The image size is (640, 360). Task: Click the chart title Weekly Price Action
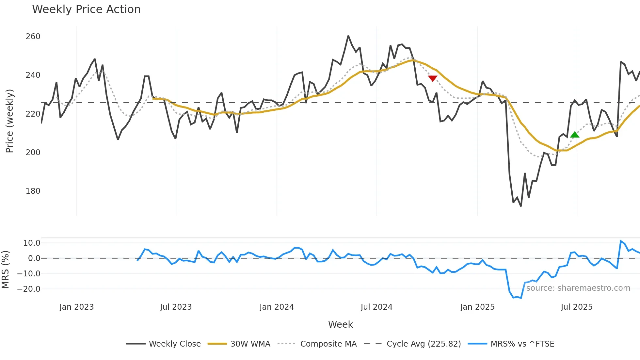86,9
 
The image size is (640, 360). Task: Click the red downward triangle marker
433,78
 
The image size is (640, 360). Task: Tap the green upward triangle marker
575,135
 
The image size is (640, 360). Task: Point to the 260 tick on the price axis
33,37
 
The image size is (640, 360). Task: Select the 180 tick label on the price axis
33,191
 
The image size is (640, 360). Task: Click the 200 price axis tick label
33,153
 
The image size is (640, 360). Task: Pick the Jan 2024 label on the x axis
277,307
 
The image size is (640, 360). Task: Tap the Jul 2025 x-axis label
576,307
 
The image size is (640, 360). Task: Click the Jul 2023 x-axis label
176,307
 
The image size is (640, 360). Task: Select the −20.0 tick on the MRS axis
29,289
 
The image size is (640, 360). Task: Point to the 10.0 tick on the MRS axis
32,243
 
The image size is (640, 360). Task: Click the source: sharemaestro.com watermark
578,288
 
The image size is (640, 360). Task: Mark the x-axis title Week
340,324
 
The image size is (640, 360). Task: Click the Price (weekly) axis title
9,121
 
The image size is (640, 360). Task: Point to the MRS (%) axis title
5,270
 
